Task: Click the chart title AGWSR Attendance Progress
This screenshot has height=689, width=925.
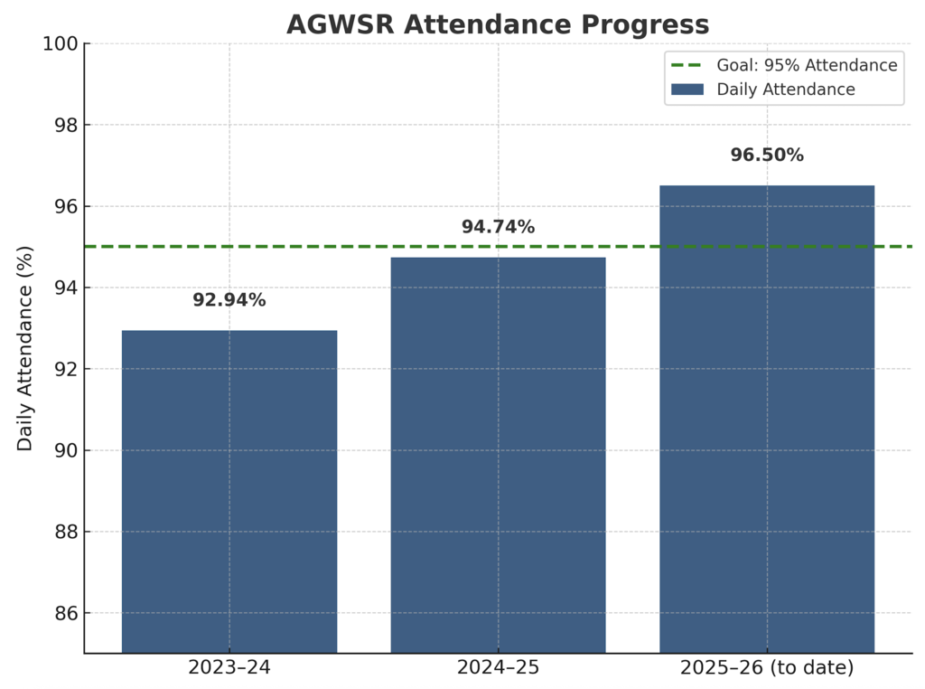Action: click(498, 24)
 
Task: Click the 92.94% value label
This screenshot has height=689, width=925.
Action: click(229, 300)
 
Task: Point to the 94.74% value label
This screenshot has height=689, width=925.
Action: click(498, 228)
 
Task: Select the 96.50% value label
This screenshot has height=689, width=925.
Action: click(767, 156)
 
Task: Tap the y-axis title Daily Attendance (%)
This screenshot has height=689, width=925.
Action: click(25, 348)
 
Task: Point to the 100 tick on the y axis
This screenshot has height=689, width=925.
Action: click(61, 43)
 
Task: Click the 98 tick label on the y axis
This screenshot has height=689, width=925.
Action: click(66, 125)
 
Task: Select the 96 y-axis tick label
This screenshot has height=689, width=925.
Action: click(66, 206)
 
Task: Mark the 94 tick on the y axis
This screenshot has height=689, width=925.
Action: click(66, 288)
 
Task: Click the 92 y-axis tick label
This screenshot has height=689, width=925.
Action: click(66, 369)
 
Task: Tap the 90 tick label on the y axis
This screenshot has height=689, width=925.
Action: click(66, 450)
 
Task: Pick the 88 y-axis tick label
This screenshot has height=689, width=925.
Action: click(66, 532)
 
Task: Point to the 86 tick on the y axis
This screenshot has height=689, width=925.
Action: click(66, 613)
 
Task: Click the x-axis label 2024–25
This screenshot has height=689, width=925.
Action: click(498, 668)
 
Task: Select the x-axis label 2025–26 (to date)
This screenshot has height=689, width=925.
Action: click(767, 668)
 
